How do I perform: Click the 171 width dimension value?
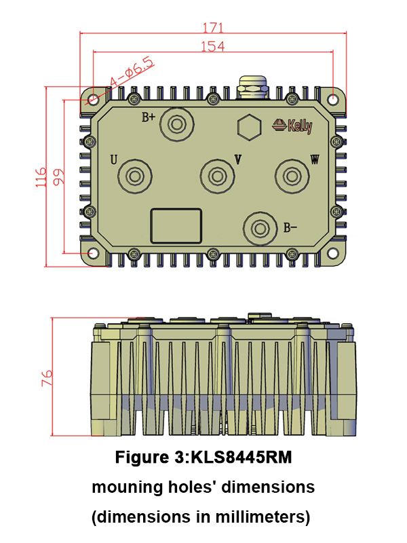coord(213,28)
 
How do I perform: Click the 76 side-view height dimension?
coord(47,378)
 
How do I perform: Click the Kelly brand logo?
coord(292,126)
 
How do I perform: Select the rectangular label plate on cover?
coord(176,225)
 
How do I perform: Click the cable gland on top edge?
coord(252,87)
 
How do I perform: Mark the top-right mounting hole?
coord(334,100)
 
